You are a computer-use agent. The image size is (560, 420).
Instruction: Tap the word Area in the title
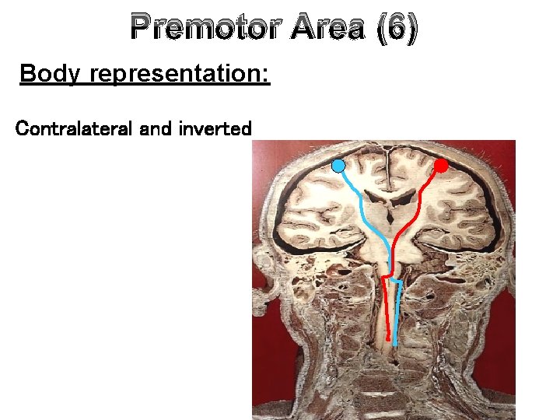coord(328,29)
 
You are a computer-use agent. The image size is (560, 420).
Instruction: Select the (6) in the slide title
coord(396,29)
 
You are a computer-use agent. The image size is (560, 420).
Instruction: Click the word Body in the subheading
coord(50,75)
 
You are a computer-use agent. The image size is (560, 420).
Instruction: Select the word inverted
coord(215,128)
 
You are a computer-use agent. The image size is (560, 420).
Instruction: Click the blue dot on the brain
coord(338,166)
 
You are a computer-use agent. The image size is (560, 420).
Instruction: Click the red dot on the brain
coord(440,166)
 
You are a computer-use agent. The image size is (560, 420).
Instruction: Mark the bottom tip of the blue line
coord(396,344)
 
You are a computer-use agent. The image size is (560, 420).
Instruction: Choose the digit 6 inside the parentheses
coord(397,29)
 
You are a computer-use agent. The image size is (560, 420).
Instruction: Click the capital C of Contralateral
coord(22,128)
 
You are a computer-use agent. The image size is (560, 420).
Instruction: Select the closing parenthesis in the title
coord(412,29)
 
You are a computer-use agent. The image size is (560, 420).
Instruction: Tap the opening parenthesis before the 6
coord(380,29)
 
